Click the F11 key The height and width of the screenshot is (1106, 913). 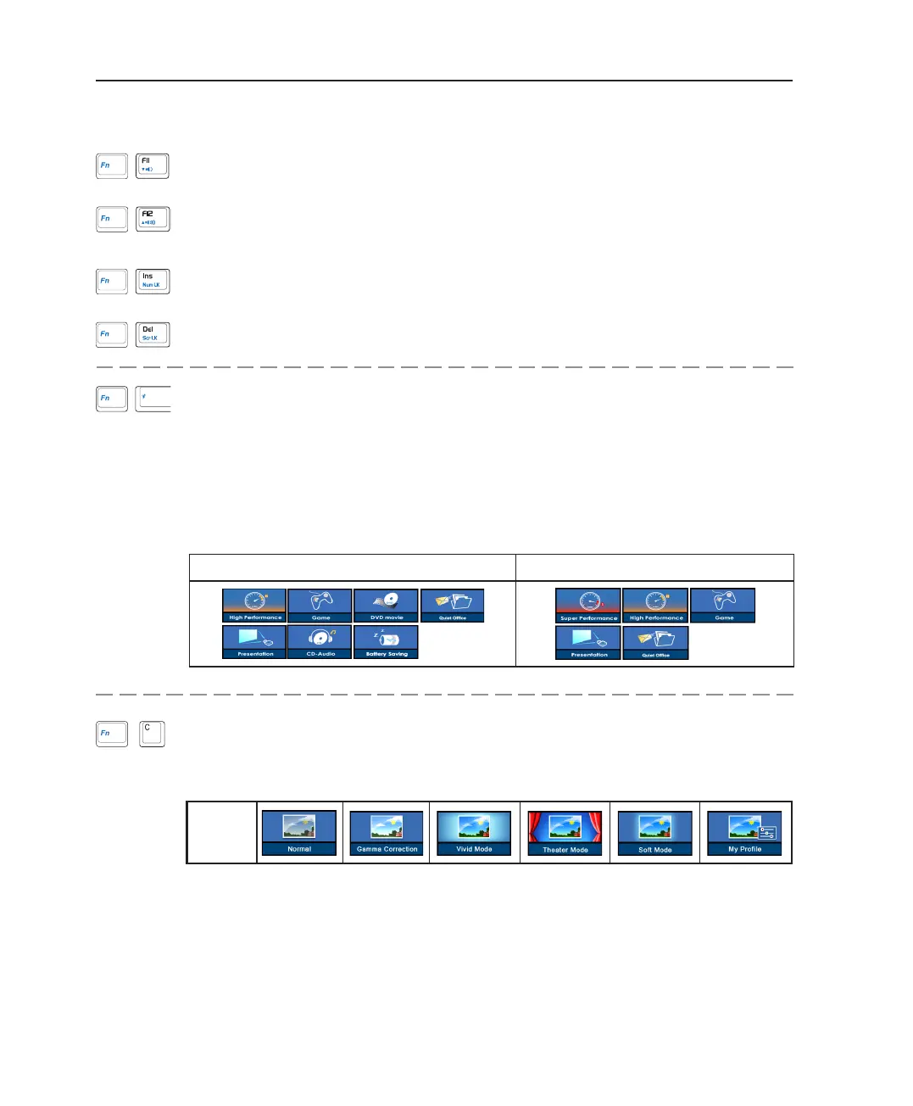(x=153, y=165)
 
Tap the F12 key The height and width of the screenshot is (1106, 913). (x=153, y=219)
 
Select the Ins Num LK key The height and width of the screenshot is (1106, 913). (x=153, y=281)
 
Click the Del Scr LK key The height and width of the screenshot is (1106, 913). (x=153, y=334)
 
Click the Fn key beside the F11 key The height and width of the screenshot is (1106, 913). (x=112, y=165)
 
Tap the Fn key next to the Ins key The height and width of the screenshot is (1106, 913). (x=112, y=281)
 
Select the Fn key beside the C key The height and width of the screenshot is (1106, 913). (x=112, y=734)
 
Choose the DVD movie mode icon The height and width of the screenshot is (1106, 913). (x=387, y=606)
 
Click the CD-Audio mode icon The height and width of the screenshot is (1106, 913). (x=320, y=642)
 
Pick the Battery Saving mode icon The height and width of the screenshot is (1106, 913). (x=387, y=642)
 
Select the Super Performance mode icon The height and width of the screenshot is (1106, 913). (x=588, y=606)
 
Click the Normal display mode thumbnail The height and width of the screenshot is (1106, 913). (x=299, y=832)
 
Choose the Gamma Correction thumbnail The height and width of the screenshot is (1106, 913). (x=387, y=833)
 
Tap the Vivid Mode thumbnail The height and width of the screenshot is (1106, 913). (x=474, y=833)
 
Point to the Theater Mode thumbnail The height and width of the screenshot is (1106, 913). (x=565, y=833)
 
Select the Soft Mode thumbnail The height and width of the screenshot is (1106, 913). (x=654, y=833)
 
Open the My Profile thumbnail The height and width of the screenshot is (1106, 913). (x=744, y=833)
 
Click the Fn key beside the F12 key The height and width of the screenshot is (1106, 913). (x=112, y=219)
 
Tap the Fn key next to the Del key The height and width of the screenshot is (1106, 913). (x=112, y=334)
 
